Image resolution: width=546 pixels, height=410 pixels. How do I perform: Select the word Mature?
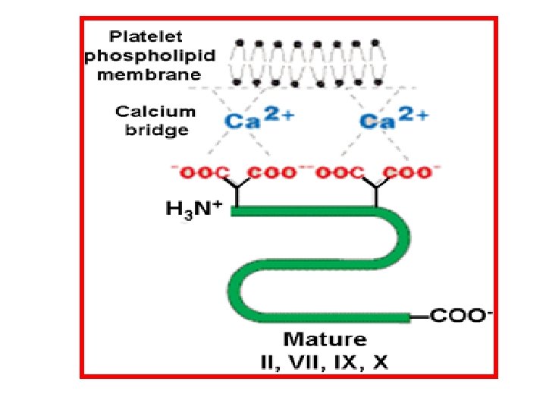[x=325, y=339]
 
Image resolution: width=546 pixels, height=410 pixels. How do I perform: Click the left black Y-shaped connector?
[x=237, y=191]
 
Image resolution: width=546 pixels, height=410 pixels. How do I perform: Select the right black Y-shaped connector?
[x=376, y=191]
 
